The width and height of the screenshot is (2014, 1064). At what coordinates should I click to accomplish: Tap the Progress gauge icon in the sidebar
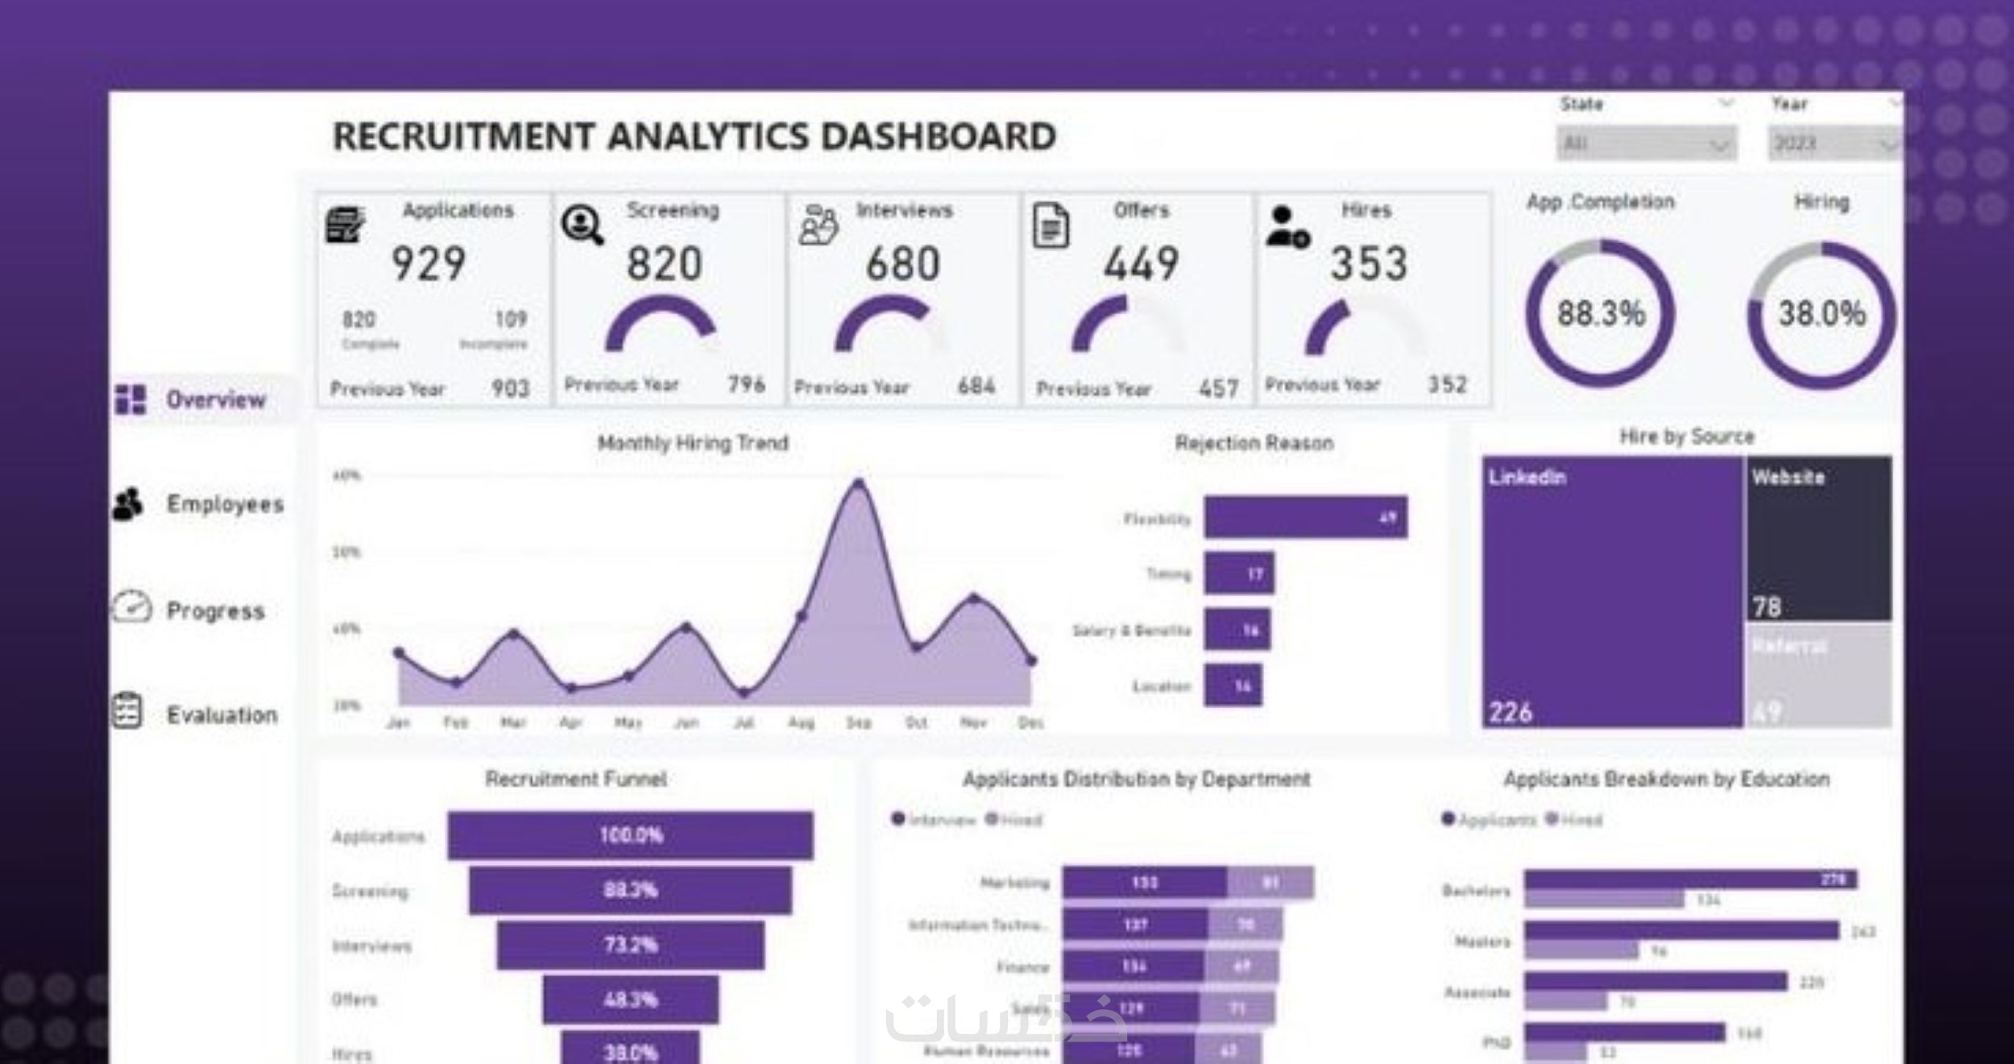pos(131,607)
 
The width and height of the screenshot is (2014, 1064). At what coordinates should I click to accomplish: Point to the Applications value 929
pos(429,264)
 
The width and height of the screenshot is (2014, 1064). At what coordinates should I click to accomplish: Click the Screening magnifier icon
pos(582,225)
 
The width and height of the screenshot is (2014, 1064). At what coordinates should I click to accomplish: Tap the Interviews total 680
pos(902,264)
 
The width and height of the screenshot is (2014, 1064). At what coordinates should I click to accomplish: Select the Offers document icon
pos(1051,226)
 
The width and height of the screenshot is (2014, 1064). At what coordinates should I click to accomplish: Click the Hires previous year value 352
pos(1447,385)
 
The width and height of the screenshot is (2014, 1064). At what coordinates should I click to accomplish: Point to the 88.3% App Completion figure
pos(1601,313)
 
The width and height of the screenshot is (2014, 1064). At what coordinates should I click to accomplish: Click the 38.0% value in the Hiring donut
pos(1821,313)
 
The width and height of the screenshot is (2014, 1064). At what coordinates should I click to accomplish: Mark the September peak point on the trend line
pos(859,483)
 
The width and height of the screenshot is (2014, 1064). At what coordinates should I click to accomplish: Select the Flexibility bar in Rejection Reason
pos(1306,517)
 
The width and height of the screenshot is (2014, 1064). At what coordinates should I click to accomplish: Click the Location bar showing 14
pos(1233,686)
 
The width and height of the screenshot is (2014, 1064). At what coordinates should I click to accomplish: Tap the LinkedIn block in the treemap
pos(1611,592)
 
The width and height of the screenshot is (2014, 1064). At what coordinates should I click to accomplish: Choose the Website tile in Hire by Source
pos(1818,538)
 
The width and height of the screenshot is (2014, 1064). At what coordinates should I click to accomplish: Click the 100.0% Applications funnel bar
pos(630,835)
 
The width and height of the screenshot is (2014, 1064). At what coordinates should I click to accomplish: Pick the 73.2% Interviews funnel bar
pos(630,945)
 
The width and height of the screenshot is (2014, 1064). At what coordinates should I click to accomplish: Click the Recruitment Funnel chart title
pos(575,779)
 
